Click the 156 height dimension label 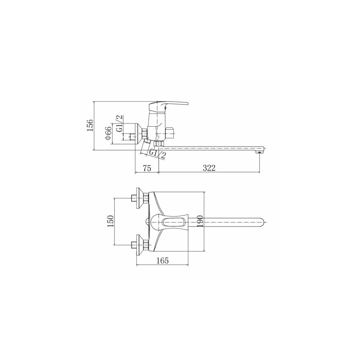coord(90,125)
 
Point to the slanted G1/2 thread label coord(158,154)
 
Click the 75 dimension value coord(147,168)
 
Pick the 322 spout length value coord(209,168)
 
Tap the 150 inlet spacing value coord(111,221)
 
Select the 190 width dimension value coord(200,221)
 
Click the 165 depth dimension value coord(162,260)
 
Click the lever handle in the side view coord(168,106)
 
